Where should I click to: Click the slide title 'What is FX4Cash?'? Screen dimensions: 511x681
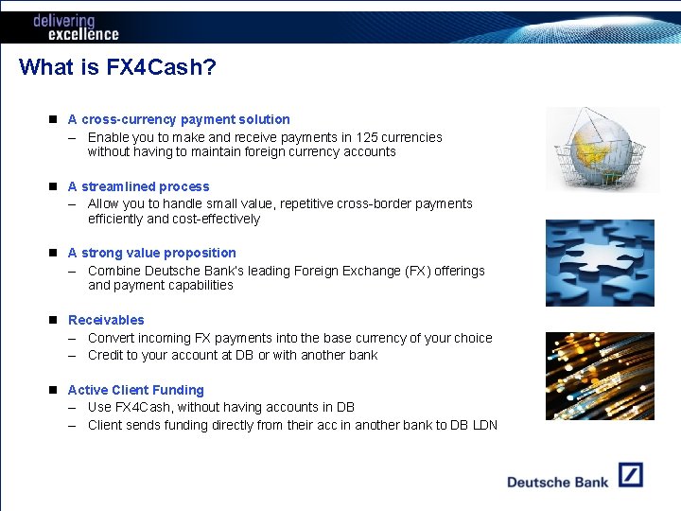(117, 67)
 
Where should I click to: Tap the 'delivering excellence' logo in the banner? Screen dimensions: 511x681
(76, 27)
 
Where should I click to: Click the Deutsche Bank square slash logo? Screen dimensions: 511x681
(630, 475)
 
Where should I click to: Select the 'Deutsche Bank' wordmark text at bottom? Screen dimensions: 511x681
(557, 482)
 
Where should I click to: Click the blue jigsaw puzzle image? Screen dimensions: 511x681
(600, 263)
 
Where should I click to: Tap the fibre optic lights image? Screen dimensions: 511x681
(600, 376)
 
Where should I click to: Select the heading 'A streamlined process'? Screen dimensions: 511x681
(139, 186)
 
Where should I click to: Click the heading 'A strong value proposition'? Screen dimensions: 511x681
(152, 253)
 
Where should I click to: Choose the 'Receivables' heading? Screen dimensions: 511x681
(106, 320)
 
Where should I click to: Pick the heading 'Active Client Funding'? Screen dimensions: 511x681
(136, 390)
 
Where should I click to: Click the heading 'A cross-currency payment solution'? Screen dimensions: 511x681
(179, 119)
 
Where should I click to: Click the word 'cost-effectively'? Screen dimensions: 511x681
(216, 219)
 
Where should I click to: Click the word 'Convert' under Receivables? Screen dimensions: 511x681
(111, 338)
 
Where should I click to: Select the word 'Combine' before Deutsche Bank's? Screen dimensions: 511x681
(113, 271)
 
